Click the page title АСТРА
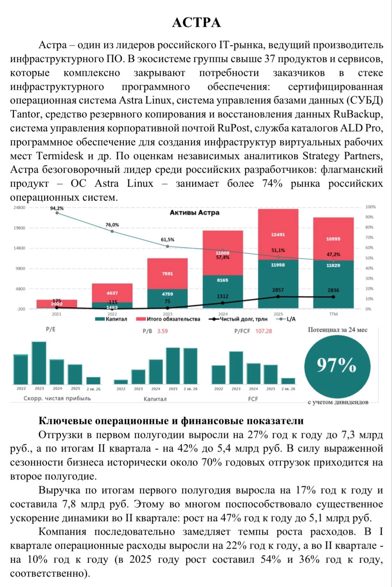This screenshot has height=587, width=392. click(x=197, y=23)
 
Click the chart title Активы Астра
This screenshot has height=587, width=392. click(x=194, y=212)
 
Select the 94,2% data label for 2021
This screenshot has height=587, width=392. click(x=57, y=208)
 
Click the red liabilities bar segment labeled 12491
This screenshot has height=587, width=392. click(x=278, y=234)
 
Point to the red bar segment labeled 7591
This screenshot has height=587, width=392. click(x=168, y=274)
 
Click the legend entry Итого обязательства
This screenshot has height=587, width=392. click(x=168, y=319)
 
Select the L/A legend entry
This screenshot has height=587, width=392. click(x=286, y=319)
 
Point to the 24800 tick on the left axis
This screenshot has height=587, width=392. click(x=20, y=208)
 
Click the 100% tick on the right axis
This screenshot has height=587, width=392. click(x=370, y=207)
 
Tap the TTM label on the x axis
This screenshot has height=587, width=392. click(x=333, y=314)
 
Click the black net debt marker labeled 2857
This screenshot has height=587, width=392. click(x=278, y=297)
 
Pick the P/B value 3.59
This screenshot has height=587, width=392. click(x=162, y=331)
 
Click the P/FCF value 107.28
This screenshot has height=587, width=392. click(x=263, y=331)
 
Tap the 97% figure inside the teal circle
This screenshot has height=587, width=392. click(x=336, y=365)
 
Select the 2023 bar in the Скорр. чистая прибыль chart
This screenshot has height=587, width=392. click(x=39, y=363)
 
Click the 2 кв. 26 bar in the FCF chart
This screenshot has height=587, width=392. click(x=288, y=381)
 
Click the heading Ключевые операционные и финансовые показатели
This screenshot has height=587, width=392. click(x=171, y=421)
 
